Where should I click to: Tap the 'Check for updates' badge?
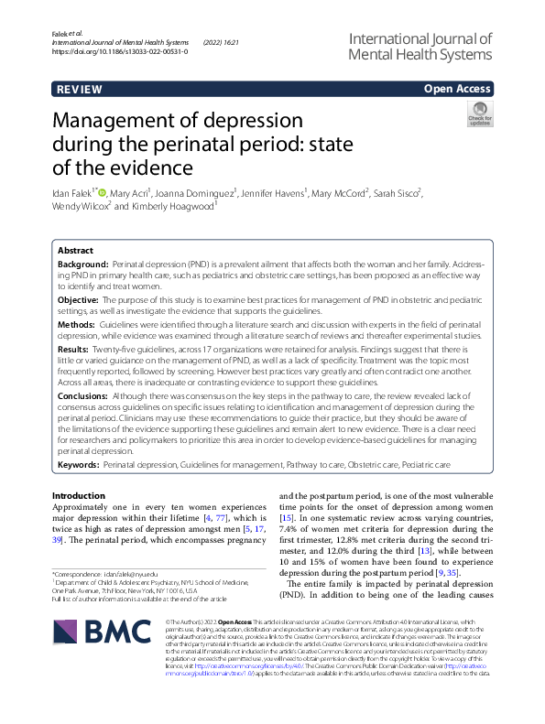[x=479, y=114]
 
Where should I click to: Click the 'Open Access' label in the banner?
[x=458, y=89]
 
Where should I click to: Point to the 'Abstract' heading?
[x=75, y=249]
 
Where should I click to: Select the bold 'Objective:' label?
[x=78, y=299]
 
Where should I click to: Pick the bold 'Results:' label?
[x=75, y=350]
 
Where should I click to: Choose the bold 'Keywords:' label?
[x=78, y=464]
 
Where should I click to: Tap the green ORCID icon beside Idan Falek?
[x=102, y=192]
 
